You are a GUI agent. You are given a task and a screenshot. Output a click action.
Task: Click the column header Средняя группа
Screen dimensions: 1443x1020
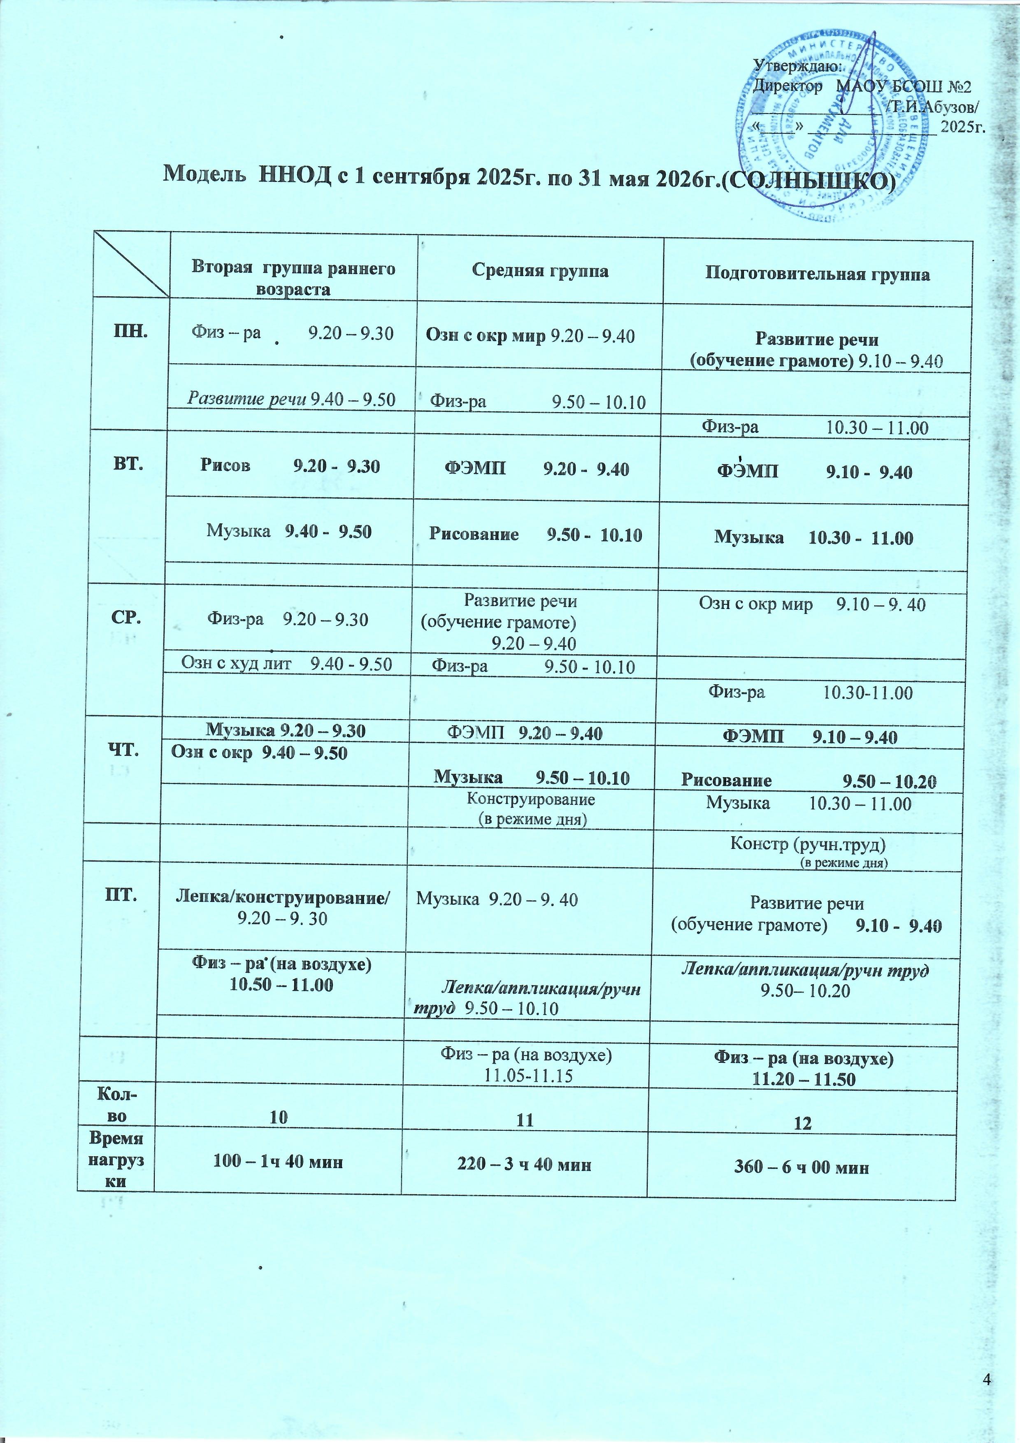coord(540,272)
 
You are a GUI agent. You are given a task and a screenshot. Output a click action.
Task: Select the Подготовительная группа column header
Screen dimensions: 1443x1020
coord(817,274)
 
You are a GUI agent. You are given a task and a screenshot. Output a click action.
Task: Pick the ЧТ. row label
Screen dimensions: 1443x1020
coord(127,750)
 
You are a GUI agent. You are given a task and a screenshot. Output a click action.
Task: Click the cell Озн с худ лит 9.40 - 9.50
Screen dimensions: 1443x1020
coord(287,664)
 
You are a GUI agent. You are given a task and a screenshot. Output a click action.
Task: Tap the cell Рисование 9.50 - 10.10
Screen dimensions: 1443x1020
coord(535,535)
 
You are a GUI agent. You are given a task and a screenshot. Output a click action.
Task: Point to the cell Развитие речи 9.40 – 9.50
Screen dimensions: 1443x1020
coord(292,399)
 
